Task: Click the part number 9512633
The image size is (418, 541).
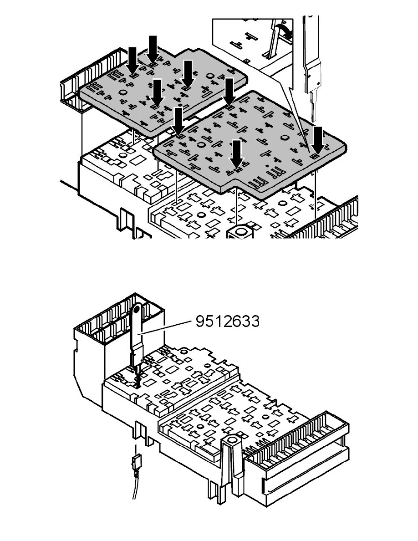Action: coord(227,322)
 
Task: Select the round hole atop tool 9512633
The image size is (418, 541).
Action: coord(137,306)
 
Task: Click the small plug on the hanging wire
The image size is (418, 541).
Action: coord(137,460)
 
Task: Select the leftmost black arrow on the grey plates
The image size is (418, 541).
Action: coord(133,61)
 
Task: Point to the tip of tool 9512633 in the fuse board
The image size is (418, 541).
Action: coord(138,387)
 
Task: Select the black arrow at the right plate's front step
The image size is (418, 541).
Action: coord(236,154)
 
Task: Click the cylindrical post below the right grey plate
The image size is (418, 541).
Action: coord(239,231)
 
